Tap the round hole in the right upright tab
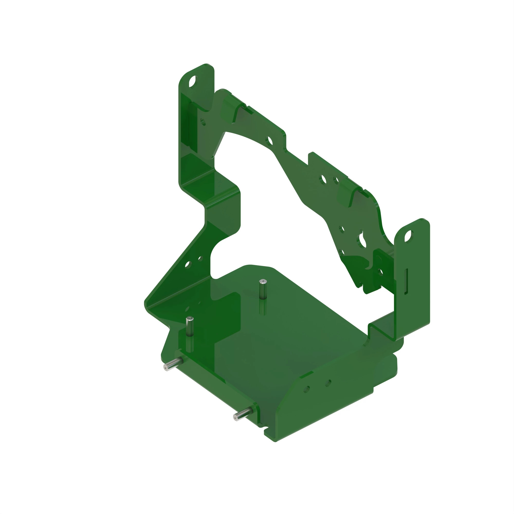[x=408, y=236]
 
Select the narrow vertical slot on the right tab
[x=406, y=281]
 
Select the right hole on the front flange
[x=328, y=383]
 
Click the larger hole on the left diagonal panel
[x=188, y=264]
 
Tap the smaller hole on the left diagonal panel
[x=200, y=258]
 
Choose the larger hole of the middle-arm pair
[x=324, y=179]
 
